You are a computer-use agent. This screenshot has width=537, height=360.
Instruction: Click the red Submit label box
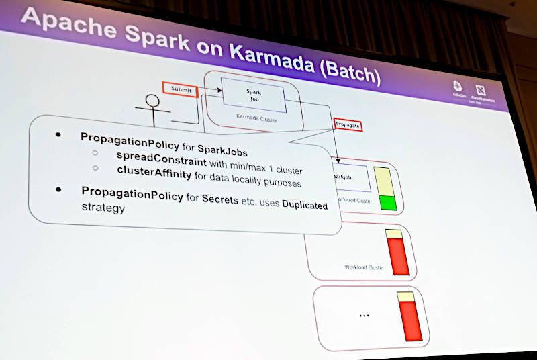point(180,89)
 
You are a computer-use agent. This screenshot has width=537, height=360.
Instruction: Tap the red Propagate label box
point(348,124)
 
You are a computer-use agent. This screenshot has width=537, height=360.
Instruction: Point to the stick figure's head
point(152,101)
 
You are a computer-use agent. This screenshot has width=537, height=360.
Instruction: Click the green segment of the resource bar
point(387,203)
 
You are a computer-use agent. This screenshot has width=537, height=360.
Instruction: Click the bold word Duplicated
point(304,204)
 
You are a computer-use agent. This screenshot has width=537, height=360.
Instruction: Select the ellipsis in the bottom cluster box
point(363,314)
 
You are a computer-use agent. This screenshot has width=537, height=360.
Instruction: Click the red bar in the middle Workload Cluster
point(399,255)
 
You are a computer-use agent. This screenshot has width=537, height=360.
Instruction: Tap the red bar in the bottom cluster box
point(409,320)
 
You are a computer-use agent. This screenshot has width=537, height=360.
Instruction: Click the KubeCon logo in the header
point(458,88)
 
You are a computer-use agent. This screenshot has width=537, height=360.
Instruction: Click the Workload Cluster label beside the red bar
point(364,267)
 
